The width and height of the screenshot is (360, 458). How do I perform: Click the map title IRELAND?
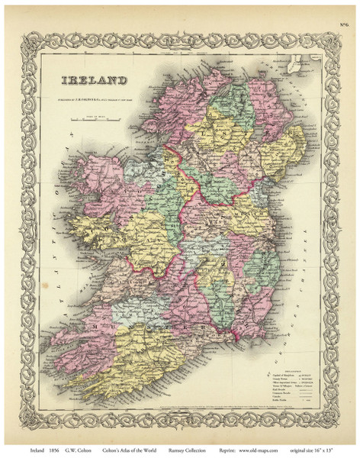(x=96, y=79)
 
